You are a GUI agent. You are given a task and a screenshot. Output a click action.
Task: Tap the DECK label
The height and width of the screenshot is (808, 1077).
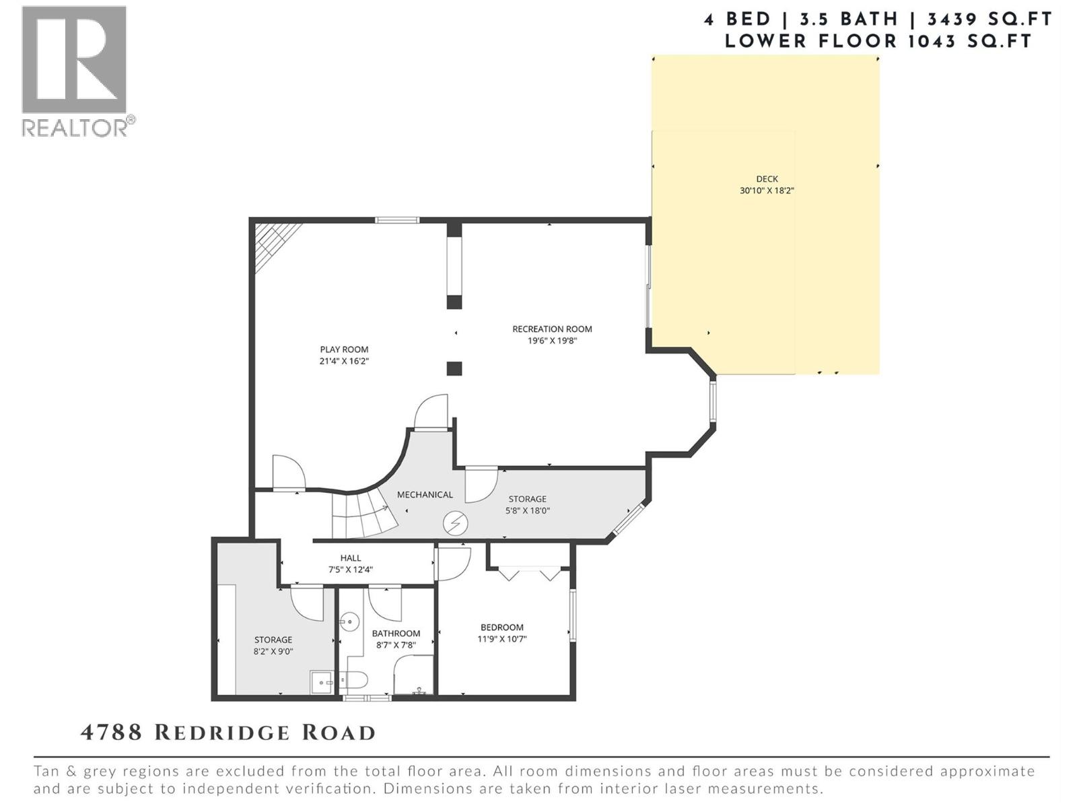tap(767, 179)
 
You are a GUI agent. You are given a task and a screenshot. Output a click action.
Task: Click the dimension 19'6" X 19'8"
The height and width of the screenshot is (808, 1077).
tap(552, 341)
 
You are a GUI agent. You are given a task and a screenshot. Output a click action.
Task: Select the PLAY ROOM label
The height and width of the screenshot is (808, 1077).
tap(344, 349)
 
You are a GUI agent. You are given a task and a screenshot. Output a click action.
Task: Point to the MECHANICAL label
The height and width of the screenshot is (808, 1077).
tap(425, 495)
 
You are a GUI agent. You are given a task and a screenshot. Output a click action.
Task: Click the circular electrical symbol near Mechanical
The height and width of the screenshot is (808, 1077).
tap(455, 523)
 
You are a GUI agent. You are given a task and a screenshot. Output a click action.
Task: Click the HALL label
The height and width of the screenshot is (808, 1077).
tap(350, 558)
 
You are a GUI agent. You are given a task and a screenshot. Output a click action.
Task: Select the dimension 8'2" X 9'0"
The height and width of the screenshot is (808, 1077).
tap(273, 652)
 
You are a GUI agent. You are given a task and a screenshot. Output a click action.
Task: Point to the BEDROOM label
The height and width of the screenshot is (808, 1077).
tap(501, 628)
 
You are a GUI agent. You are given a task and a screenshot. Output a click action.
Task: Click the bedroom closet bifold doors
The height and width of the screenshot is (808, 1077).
tap(529, 573)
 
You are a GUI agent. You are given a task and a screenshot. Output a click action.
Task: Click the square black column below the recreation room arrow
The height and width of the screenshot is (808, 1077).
tap(454, 368)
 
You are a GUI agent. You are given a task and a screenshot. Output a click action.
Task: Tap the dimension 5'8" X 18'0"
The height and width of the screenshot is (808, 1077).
tap(528, 510)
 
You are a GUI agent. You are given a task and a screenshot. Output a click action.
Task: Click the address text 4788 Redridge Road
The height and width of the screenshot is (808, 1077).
tap(228, 733)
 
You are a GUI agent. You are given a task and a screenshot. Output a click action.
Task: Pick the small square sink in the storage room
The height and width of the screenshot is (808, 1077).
tap(322, 681)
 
